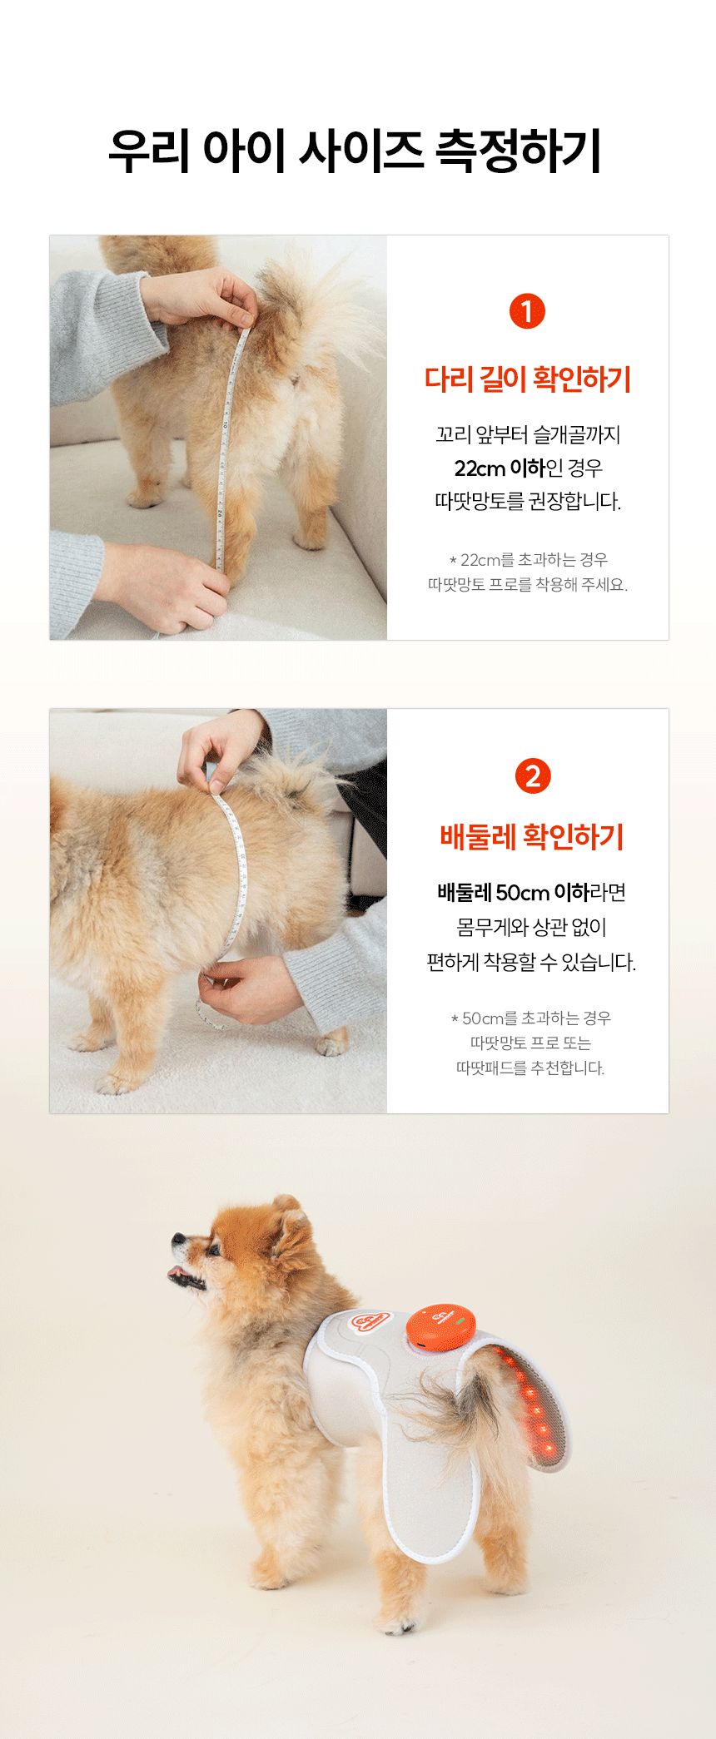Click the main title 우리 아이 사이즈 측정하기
(x=356, y=151)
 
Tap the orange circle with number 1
(x=527, y=311)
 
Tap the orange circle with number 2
(x=533, y=775)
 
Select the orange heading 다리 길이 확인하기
(x=528, y=379)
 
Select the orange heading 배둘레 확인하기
(x=532, y=837)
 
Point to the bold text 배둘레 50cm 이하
(x=513, y=893)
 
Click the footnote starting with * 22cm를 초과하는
(x=528, y=572)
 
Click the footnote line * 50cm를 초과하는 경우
(x=531, y=1018)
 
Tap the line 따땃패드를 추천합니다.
(x=530, y=1068)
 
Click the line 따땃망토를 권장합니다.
(x=528, y=502)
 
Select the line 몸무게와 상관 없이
(x=531, y=927)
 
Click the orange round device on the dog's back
(x=440, y=1326)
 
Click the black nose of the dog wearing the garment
(x=177, y=1240)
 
